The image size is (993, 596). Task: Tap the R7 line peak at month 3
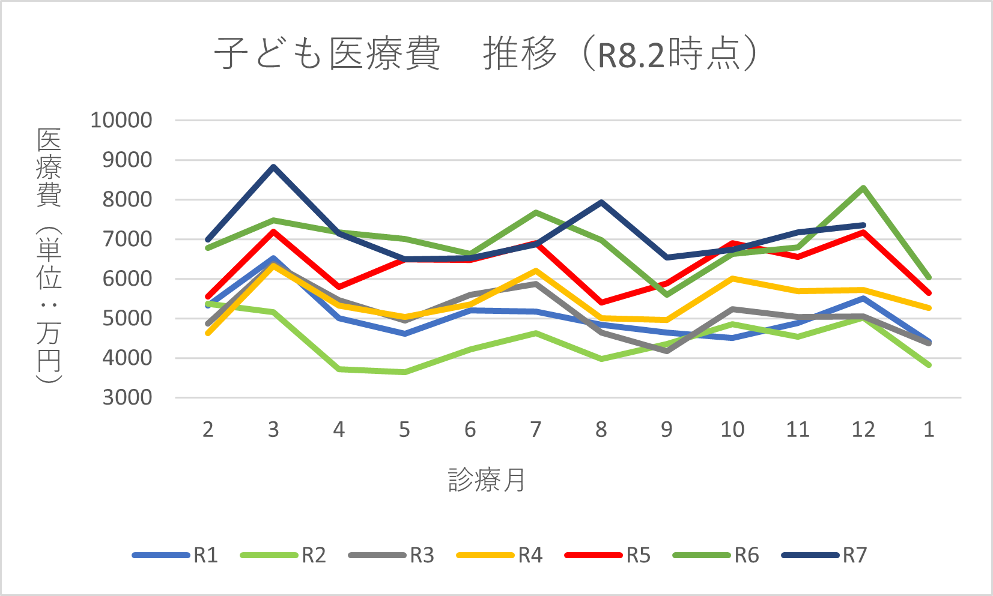[x=273, y=167]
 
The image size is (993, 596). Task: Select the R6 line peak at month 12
[x=863, y=188]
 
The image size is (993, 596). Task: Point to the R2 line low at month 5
[x=404, y=372]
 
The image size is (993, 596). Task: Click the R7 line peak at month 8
[x=601, y=202]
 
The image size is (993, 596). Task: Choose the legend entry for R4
[x=500, y=555]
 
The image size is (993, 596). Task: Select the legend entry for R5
[x=608, y=555]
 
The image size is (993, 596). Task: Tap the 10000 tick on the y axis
[x=121, y=120]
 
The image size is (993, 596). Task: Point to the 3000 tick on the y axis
[x=127, y=397]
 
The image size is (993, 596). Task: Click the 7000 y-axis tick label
[x=127, y=239]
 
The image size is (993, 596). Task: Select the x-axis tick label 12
[x=863, y=430]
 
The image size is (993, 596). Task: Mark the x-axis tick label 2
[x=208, y=430]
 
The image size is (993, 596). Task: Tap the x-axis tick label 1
[x=929, y=430]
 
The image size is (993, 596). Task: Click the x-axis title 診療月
[x=487, y=480]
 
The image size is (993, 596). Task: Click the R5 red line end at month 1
[x=929, y=293]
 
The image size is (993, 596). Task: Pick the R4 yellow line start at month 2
[x=208, y=333]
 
